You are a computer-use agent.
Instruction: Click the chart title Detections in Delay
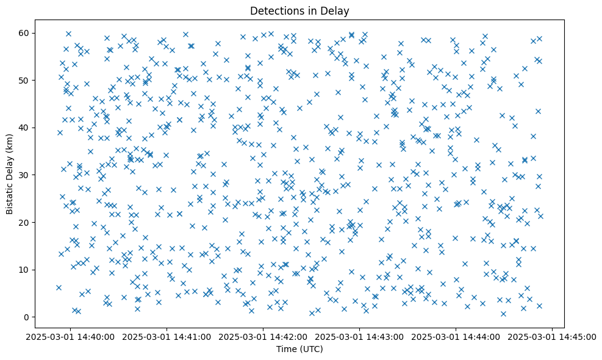pyautogui.click(x=299, y=10)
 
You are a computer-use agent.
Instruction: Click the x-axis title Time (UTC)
pyautogui.click(x=299, y=349)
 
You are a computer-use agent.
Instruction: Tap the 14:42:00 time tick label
pyautogui.click(x=263, y=336)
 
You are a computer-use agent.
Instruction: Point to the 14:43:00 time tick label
pyautogui.click(x=359, y=336)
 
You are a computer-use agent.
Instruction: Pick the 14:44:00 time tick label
pyautogui.click(x=456, y=336)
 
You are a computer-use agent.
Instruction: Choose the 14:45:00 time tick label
pyautogui.click(x=552, y=336)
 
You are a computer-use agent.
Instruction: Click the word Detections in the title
pyautogui.click(x=272, y=10)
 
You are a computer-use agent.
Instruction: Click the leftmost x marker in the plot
pyautogui.click(x=59, y=287)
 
